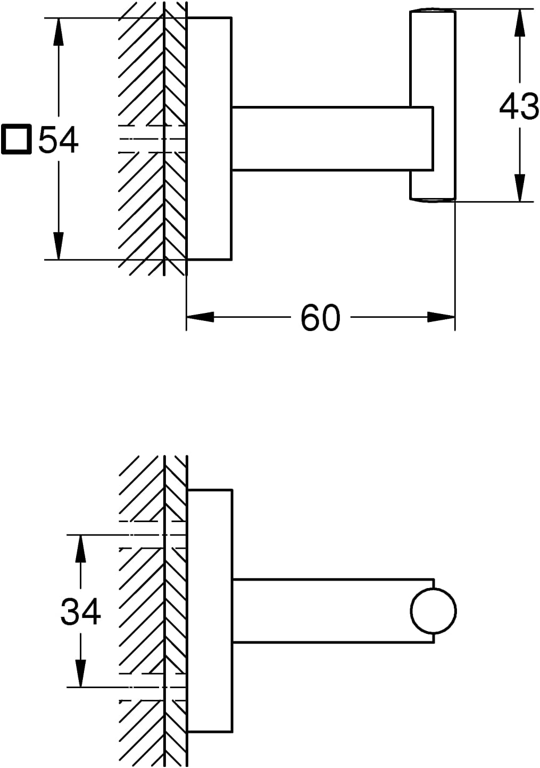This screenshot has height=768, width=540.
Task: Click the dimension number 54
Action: coord(58,139)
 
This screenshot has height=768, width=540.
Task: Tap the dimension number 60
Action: coord(320,318)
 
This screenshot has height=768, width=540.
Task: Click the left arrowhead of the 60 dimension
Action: coord(200,317)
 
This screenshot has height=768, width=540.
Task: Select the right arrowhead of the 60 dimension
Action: coord(442,317)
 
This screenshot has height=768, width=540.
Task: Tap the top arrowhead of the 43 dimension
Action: coord(520,23)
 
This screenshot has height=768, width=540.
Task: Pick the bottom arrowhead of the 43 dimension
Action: coord(520,188)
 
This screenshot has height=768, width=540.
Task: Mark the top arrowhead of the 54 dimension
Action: coord(59,31)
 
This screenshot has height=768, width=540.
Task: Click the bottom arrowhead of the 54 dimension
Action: coord(59,246)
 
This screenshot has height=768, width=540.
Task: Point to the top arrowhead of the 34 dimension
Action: coord(80,549)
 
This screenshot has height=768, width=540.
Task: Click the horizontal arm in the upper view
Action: coord(333,138)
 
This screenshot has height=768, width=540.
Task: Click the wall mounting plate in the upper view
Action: coord(209,138)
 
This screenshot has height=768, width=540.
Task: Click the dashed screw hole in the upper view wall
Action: coord(152,139)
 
